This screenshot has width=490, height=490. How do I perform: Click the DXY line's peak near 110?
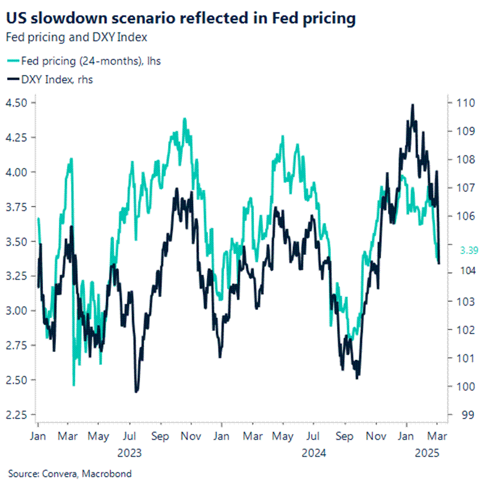(412, 105)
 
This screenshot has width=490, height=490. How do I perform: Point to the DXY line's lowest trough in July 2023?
(136, 391)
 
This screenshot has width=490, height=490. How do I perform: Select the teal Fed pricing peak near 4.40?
(184, 119)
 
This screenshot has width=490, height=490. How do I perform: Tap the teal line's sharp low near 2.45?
(74, 385)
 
